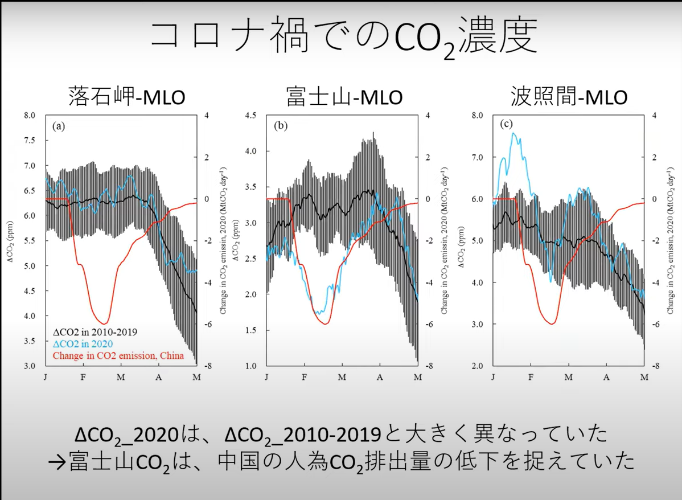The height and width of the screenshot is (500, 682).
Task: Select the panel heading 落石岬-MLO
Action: pos(126,97)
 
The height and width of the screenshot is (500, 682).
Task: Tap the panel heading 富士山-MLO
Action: pos(344,97)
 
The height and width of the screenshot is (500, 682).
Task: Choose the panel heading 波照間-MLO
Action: pos(569,97)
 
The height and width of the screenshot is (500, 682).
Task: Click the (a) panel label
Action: pos(58,127)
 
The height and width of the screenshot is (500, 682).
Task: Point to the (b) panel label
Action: pos(281,126)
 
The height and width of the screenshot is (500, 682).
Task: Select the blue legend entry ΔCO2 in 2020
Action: pos(83,344)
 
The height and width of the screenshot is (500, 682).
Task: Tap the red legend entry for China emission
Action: pos(118,356)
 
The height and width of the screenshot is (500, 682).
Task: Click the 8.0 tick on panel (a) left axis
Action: pos(29,116)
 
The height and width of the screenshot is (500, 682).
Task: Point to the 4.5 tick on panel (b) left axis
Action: pos(250,116)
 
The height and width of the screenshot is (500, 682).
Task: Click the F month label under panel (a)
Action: pos(83,378)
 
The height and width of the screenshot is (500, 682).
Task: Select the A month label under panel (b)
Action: pos(380,378)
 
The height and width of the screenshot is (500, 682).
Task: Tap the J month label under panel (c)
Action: pos(493,378)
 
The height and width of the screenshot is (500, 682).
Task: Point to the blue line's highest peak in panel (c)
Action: pos(513,133)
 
